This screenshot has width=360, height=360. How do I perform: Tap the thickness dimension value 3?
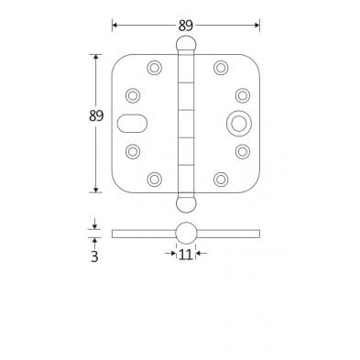(93, 256)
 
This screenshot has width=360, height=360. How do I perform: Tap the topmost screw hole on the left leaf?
(152, 67)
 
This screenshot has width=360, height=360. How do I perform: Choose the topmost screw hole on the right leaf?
(220, 67)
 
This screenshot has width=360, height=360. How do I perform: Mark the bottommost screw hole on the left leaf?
(152, 178)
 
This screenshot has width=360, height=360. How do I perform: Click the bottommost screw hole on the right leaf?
(220, 178)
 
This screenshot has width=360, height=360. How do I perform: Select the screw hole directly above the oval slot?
(132, 94)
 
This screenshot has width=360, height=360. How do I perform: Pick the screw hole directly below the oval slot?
(132, 151)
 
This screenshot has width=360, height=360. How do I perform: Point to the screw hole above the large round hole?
(242, 94)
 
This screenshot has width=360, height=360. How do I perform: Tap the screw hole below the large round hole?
(242, 151)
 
